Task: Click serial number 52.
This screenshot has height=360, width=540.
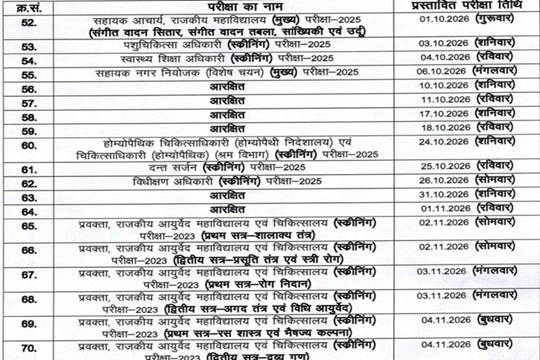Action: pyautogui.click(x=29, y=23)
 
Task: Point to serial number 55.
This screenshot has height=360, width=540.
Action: pyautogui.click(x=29, y=73)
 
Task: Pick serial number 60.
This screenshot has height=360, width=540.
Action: pyautogui.click(x=29, y=146)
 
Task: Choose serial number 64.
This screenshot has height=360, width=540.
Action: pyautogui.click(x=29, y=211)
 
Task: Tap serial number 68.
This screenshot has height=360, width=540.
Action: pyautogui.click(x=29, y=298)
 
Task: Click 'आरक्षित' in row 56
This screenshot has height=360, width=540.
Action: pyautogui.click(x=227, y=88)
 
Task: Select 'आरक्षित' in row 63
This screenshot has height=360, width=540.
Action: pyautogui.click(x=227, y=196)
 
